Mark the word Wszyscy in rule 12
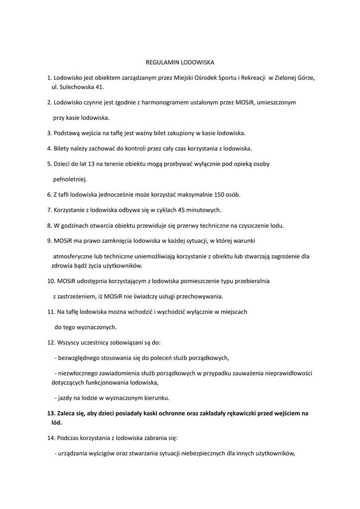(69, 342)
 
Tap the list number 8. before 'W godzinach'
(50, 225)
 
